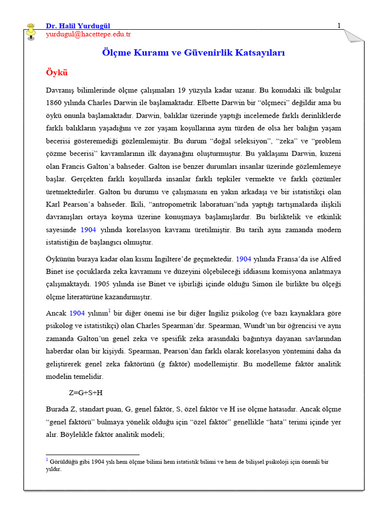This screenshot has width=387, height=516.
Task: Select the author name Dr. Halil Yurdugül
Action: pyautogui.click(x=78, y=26)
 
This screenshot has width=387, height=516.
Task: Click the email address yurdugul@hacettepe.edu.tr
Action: pyautogui.click(x=88, y=34)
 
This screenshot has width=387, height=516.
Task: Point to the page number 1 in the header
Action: pyautogui.click(x=339, y=26)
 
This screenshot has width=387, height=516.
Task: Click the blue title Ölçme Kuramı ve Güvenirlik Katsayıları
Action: pyautogui.click(x=193, y=53)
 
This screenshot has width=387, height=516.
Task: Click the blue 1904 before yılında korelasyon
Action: pyautogui.click(x=88, y=230)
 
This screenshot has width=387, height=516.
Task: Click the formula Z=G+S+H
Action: pyautogui.click(x=86, y=393)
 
